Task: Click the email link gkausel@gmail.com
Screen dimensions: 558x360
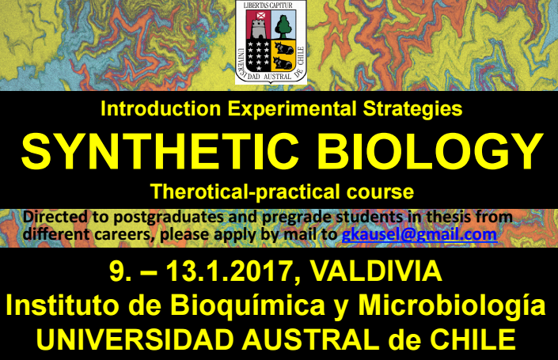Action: (x=419, y=235)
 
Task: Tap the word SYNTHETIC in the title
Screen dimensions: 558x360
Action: (x=160, y=151)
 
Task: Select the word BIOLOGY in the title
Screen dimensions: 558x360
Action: (x=431, y=151)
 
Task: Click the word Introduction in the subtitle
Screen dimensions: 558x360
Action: (x=161, y=108)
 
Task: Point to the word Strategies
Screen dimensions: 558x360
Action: (x=413, y=109)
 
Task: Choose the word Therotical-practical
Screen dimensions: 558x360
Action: (x=246, y=191)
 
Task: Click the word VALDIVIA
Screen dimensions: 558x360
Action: (x=376, y=271)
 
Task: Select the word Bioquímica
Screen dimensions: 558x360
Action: (x=248, y=306)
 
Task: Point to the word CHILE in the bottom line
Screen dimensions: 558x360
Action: (x=473, y=339)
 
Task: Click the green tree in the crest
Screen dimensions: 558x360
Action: (x=283, y=25)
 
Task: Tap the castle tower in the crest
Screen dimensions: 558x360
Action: (x=259, y=28)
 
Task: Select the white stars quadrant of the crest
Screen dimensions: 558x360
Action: (x=258, y=55)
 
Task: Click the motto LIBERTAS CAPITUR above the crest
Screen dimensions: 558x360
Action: (x=268, y=5)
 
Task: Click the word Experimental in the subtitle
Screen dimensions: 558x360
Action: (x=292, y=109)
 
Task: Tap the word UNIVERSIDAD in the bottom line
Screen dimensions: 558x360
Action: (x=135, y=339)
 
